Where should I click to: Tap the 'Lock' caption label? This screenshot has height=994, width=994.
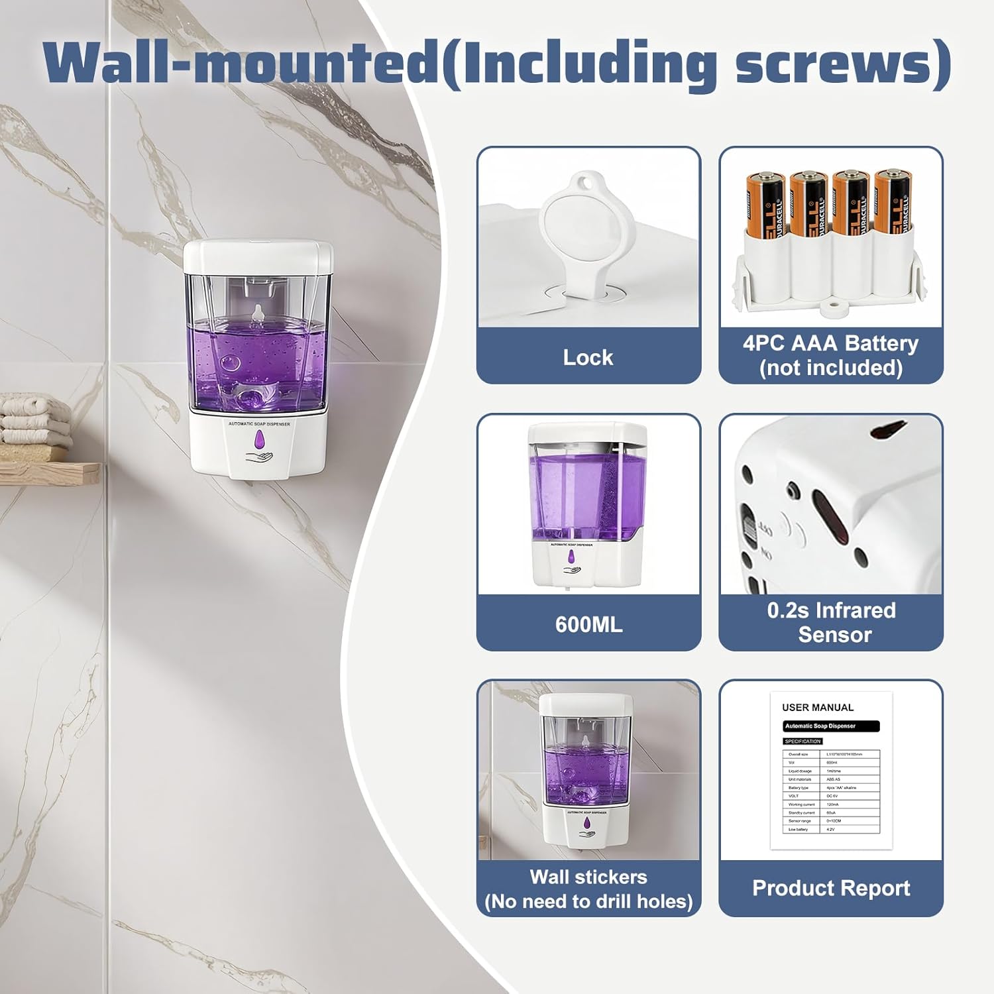pyautogui.click(x=588, y=357)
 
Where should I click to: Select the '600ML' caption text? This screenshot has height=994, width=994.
pyautogui.click(x=588, y=624)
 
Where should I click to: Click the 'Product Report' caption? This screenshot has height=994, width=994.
pyautogui.click(x=831, y=888)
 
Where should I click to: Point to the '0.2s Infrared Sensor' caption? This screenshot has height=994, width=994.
pyautogui.click(x=831, y=622)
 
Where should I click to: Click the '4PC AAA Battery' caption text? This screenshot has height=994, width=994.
pyautogui.click(x=830, y=343)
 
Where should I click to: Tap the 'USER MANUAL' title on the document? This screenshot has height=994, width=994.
pyautogui.click(x=818, y=708)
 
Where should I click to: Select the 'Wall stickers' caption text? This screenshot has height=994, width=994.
pyautogui.click(x=588, y=877)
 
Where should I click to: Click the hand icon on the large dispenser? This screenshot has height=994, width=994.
pyautogui.click(x=259, y=457)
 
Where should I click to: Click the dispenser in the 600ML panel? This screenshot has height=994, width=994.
pyautogui.click(x=586, y=507)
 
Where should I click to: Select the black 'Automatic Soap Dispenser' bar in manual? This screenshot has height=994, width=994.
pyautogui.click(x=831, y=726)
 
